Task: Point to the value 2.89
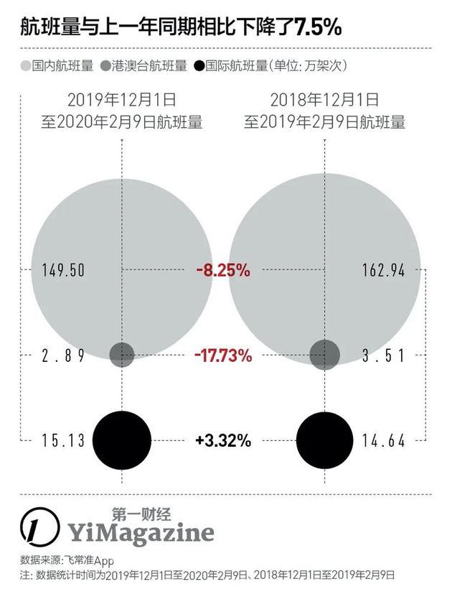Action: (64, 355)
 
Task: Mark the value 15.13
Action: (64, 440)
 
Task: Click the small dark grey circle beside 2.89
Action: (122, 353)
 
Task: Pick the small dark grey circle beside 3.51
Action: (324, 353)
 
